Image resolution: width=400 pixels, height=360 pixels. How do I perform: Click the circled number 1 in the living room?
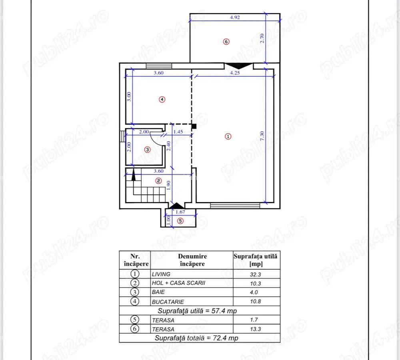coord(228,136)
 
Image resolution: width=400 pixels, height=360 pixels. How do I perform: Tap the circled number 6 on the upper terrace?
coord(226,42)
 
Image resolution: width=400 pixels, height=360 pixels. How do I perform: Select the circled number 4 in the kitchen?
coord(162,100)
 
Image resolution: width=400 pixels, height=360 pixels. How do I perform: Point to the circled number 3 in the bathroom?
coord(147,150)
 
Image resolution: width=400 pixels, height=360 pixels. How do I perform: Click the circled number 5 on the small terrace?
coord(180,221)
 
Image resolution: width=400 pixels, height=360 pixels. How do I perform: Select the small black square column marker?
coord(194,126)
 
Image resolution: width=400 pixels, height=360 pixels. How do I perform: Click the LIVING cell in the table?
coord(161,274)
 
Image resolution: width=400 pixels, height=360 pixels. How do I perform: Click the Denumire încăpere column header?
coord(192,260)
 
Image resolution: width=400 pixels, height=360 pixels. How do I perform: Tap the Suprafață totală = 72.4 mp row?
coord(198,338)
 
